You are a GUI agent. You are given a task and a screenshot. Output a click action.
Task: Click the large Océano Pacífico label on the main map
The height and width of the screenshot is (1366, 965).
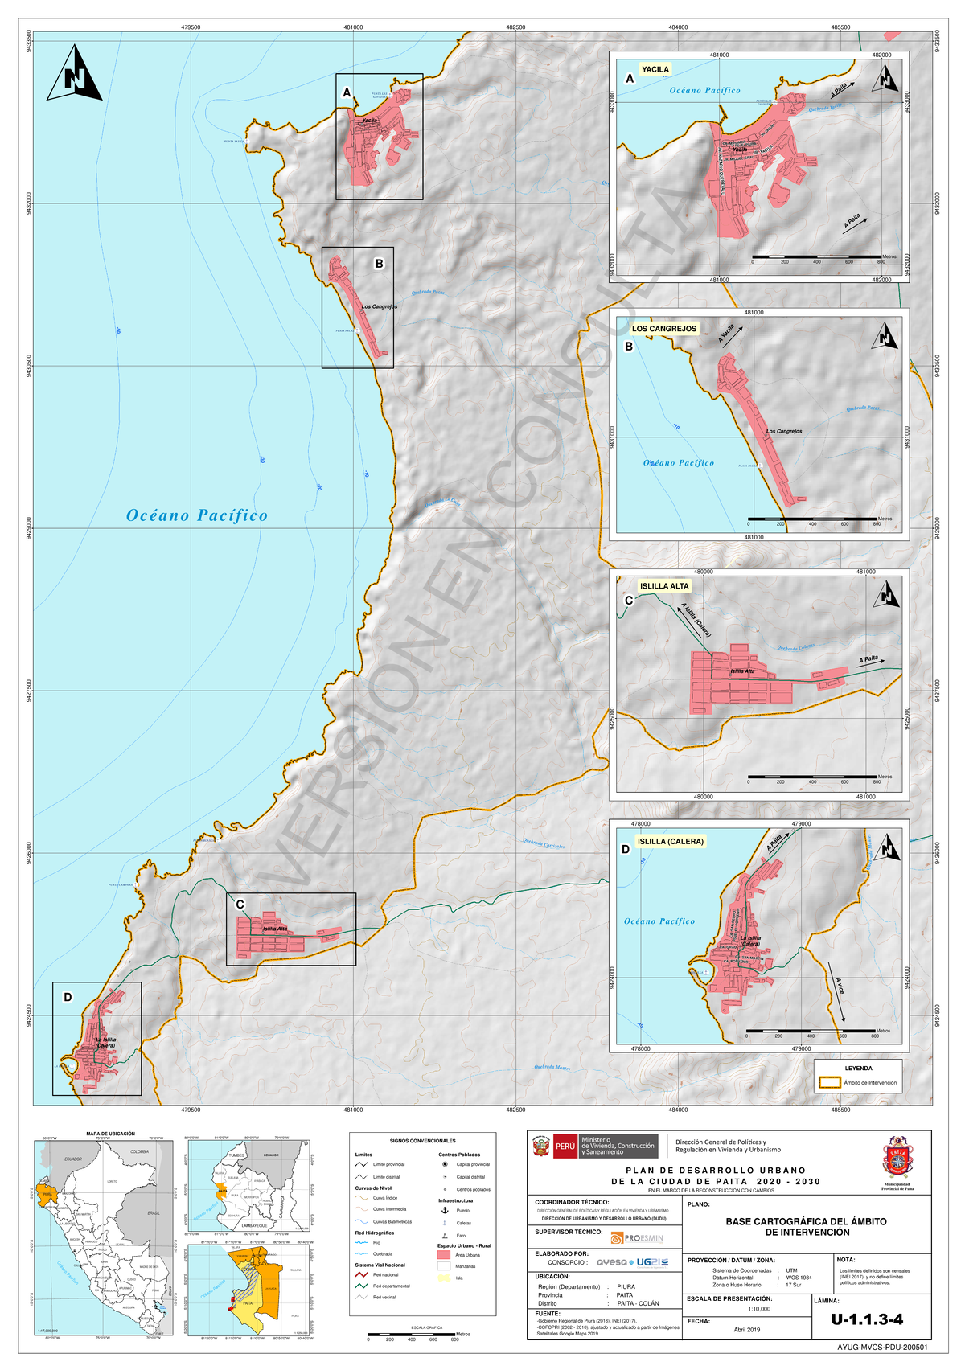(196, 515)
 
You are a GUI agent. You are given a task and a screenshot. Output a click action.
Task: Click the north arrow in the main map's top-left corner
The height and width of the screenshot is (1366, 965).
(74, 74)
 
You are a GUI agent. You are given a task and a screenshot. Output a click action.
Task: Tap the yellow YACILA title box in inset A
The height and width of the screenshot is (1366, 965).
(655, 69)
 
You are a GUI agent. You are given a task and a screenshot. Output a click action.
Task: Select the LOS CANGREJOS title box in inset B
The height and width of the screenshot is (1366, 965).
(664, 329)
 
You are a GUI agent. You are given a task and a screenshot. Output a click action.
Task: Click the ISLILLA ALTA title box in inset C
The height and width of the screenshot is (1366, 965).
(664, 586)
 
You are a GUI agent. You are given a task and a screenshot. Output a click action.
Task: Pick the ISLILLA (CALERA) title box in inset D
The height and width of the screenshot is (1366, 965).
(670, 842)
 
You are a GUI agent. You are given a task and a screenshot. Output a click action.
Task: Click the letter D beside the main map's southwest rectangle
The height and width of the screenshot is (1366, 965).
(68, 997)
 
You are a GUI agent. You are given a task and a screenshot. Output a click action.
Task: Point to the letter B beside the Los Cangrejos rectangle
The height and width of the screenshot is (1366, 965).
(379, 264)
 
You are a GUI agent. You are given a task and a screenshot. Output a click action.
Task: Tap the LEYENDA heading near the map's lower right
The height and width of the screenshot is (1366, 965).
(858, 1069)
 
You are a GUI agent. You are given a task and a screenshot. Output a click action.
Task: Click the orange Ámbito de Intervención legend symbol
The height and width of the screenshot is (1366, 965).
(829, 1083)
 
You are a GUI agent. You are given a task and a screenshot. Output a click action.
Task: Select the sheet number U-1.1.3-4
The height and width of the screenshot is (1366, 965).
(867, 1319)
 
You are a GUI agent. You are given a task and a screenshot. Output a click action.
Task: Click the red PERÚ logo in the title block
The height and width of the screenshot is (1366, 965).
(565, 1146)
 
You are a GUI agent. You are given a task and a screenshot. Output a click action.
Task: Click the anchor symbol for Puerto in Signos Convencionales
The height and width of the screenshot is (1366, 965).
(445, 1210)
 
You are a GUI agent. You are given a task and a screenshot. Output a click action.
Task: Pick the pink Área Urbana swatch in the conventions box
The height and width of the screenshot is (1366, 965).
(444, 1255)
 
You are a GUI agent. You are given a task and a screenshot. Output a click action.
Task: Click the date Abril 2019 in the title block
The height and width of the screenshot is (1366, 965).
(746, 1329)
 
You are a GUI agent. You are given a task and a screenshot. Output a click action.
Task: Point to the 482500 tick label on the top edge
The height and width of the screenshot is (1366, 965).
(515, 27)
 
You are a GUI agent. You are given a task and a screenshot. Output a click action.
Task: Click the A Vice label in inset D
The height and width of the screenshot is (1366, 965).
(840, 986)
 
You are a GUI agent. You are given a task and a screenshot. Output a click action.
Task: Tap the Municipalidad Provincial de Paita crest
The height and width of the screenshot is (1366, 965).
(895, 1157)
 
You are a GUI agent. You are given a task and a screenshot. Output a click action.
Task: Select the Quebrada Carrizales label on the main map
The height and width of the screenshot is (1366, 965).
(544, 844)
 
